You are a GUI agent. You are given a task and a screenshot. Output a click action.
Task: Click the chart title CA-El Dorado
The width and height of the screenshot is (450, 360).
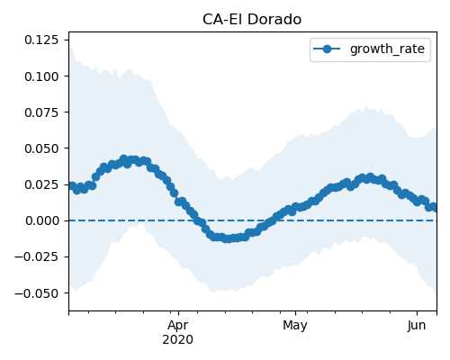point(252,20)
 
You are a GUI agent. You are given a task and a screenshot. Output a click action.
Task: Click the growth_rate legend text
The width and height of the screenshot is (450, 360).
point(387,49)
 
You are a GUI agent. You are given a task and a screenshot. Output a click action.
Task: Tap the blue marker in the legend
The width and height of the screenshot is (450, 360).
point(327,49)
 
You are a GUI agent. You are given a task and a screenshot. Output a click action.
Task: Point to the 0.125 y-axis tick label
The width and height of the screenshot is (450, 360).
point(41,40)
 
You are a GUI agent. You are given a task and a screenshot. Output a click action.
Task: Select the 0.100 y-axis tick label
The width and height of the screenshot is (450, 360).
point(41,76)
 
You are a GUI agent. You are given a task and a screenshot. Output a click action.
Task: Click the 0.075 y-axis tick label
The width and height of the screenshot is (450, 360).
point(41,112)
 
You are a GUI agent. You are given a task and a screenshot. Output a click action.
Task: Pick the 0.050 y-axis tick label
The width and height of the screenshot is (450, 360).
point(41,148)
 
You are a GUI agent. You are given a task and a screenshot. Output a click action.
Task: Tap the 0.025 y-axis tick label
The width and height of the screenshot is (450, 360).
point(41,184)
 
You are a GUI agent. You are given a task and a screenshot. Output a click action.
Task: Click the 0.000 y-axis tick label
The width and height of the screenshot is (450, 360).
point(42,220)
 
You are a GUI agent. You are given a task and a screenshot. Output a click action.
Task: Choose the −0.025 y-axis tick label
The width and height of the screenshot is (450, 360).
point(37,256)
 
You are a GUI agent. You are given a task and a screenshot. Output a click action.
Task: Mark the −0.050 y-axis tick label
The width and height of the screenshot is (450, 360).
point(37,293)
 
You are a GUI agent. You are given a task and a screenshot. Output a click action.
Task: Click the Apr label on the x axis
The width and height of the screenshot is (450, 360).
point(178,326)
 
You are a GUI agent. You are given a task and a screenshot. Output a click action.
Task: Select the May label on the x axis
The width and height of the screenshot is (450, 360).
point(295,326)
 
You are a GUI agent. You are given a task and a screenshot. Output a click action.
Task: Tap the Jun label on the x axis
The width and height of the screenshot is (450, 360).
point(417,326)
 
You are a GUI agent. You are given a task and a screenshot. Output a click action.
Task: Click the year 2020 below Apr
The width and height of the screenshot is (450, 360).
point(178,339)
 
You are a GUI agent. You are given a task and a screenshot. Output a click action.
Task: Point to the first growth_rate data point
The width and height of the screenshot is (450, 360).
point(71,186)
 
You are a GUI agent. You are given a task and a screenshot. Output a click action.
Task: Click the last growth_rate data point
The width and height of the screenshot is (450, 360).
point(435,207)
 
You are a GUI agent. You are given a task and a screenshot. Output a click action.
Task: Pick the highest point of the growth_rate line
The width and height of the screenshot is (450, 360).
point(123,158)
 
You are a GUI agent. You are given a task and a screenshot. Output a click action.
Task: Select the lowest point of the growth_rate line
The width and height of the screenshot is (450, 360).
point(228,239)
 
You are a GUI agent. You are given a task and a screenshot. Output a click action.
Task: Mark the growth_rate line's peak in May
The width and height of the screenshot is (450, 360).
point(370,176)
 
